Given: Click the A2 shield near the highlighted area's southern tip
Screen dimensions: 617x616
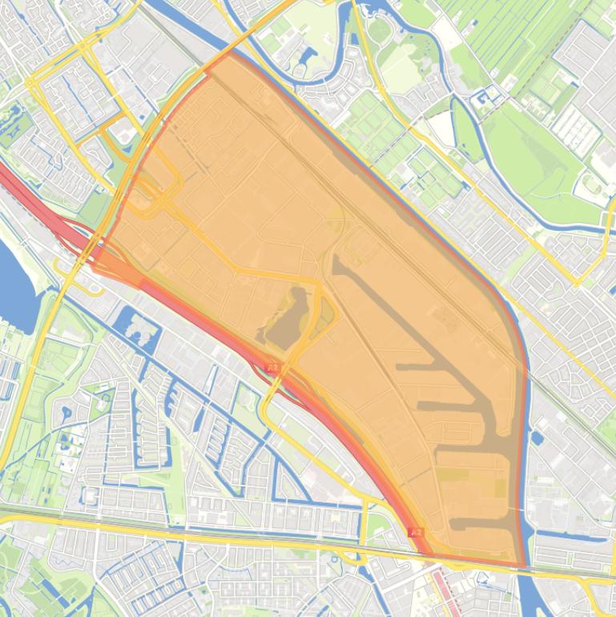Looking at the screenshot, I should point(415,531).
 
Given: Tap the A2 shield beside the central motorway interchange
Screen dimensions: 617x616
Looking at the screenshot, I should point(272,367).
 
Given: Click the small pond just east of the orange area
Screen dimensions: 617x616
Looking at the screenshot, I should point(537,438).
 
